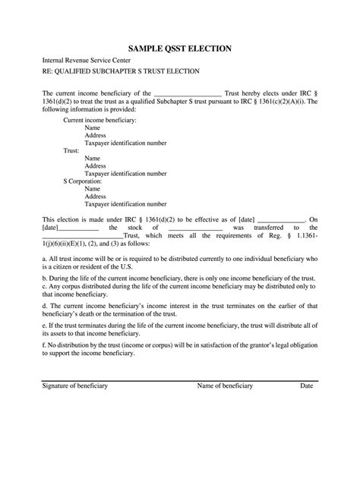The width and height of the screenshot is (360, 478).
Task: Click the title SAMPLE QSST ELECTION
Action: (180, 49)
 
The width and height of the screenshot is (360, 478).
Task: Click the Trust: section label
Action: (71, 150)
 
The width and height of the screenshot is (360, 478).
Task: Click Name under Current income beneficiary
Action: (93, 129)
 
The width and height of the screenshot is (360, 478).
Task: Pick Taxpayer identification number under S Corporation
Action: (125, 203)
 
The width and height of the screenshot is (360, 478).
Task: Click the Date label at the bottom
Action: (306, 449)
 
